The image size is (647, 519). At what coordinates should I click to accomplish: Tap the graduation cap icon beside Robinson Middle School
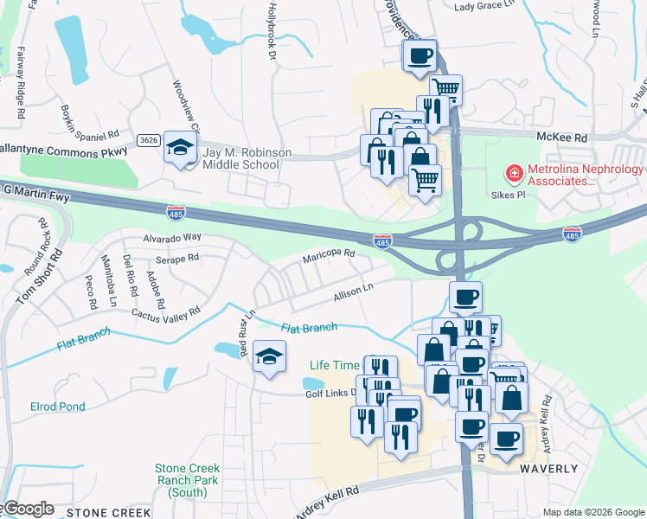[x=180, y=148]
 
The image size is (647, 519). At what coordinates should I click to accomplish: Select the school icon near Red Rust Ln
[x=269, y=357]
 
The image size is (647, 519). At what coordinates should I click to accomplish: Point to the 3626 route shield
[x=148, y=139]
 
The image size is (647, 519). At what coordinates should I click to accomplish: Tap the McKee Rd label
[x=561, y=138]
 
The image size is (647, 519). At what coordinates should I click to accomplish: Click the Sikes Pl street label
[x=509, y=196]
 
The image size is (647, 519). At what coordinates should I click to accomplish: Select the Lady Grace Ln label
[x=484, y=6]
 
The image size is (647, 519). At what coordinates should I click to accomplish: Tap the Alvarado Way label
[x=171, y=237]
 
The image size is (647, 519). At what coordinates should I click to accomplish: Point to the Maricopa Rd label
[x=329, y=257]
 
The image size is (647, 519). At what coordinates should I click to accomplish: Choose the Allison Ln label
[x=353, y=294]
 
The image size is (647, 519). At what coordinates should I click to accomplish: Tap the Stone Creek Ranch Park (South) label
[x=188, y=480]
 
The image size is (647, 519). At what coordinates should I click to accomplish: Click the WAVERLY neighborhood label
[x=548, y=468]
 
